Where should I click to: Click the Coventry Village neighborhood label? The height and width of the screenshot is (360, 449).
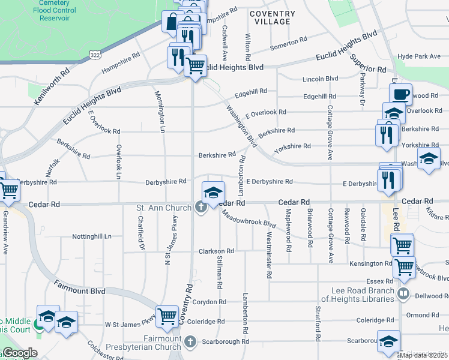(272, 17)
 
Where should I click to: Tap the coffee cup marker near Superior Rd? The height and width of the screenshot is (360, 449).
(401, 94)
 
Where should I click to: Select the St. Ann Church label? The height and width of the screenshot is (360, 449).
(164, 208)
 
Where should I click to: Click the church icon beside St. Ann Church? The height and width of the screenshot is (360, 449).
(201, 207)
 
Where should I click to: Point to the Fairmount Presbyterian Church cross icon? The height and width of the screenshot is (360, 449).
(190, 342)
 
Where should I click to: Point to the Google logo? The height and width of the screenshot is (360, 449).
(19, 353)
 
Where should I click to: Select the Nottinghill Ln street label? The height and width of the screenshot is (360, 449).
(92, 236)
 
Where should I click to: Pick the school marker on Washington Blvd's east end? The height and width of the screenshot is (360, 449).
(429, 160)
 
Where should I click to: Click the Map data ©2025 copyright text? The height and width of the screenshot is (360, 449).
(424, 355)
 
